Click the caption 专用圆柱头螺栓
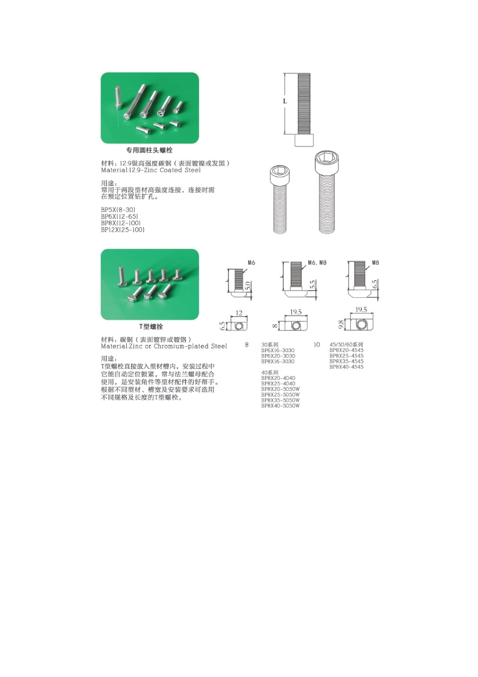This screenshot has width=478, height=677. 149,150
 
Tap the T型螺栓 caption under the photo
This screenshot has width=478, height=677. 151,326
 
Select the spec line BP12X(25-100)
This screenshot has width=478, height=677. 123,230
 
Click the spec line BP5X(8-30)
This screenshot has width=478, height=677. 118,210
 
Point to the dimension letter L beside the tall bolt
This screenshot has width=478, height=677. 285,101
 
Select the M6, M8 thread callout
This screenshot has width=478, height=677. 317,262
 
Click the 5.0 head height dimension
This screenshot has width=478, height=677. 248,285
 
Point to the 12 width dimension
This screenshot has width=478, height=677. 239,313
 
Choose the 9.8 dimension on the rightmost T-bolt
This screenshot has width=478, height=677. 341,325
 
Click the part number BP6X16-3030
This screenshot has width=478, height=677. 278,350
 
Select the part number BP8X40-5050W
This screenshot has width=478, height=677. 280,405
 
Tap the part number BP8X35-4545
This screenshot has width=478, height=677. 346,361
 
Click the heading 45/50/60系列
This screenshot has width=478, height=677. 346,345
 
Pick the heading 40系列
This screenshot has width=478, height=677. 270,372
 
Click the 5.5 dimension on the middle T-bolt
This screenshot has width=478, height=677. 312,285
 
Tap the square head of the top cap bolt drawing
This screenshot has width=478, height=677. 304,141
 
